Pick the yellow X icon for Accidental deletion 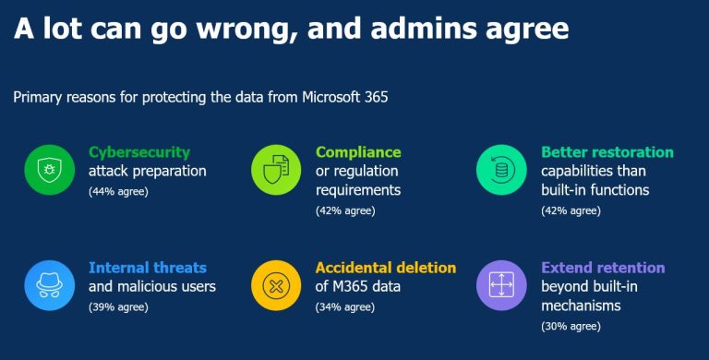[274, 284]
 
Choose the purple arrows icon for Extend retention [499, 284]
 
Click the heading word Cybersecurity [139, 151]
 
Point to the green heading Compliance [358, 151]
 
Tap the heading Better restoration [607, 151]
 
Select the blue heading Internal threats [148, 268]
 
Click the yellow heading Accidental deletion [386, 268]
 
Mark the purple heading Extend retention [603, 268]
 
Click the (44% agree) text [118, 191]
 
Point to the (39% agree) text [118, 306]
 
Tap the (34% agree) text [345, 306]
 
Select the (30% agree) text [571, 326]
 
